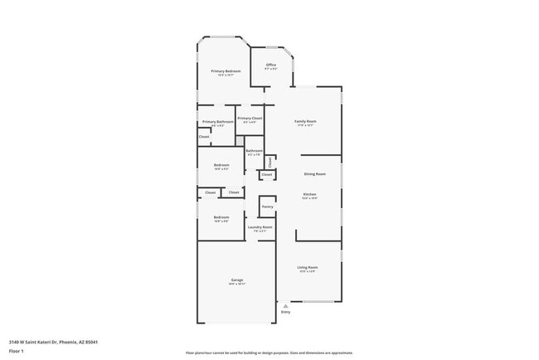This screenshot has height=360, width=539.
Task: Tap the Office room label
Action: click(270, 65)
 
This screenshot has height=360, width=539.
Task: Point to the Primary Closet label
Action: click(250, 119)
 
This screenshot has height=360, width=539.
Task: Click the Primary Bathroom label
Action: click(217, 122)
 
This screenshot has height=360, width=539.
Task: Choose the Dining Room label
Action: click(314, 174)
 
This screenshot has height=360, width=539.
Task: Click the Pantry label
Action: click(267, 207)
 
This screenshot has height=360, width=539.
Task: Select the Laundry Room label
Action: click(260, 227)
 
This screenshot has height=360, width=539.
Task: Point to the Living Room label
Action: click(308, 267)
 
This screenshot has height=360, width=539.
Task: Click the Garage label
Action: click(236, 280)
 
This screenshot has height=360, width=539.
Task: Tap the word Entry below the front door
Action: click(285, 312)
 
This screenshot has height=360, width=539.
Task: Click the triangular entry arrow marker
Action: click(285, 304)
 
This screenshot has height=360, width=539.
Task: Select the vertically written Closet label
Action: click(270, 161)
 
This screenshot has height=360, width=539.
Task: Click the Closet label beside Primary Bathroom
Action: click(204, 137)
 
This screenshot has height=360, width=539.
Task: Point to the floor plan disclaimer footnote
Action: click(269, 353)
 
